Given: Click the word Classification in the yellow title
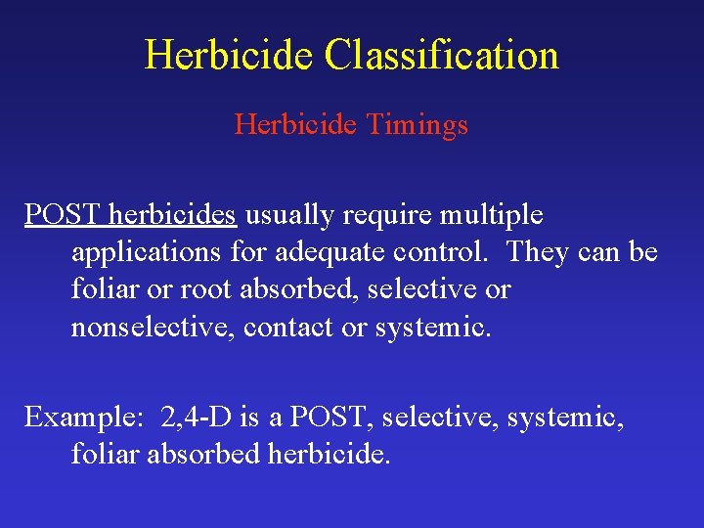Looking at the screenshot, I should (x=441, y=55).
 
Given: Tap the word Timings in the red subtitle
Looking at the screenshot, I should (x=422, y=125).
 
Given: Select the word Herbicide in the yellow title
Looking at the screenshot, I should (x=230, y=55).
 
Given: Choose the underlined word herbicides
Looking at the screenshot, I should (x=172, y=214).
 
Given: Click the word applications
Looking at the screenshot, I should (x=147, y=252).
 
